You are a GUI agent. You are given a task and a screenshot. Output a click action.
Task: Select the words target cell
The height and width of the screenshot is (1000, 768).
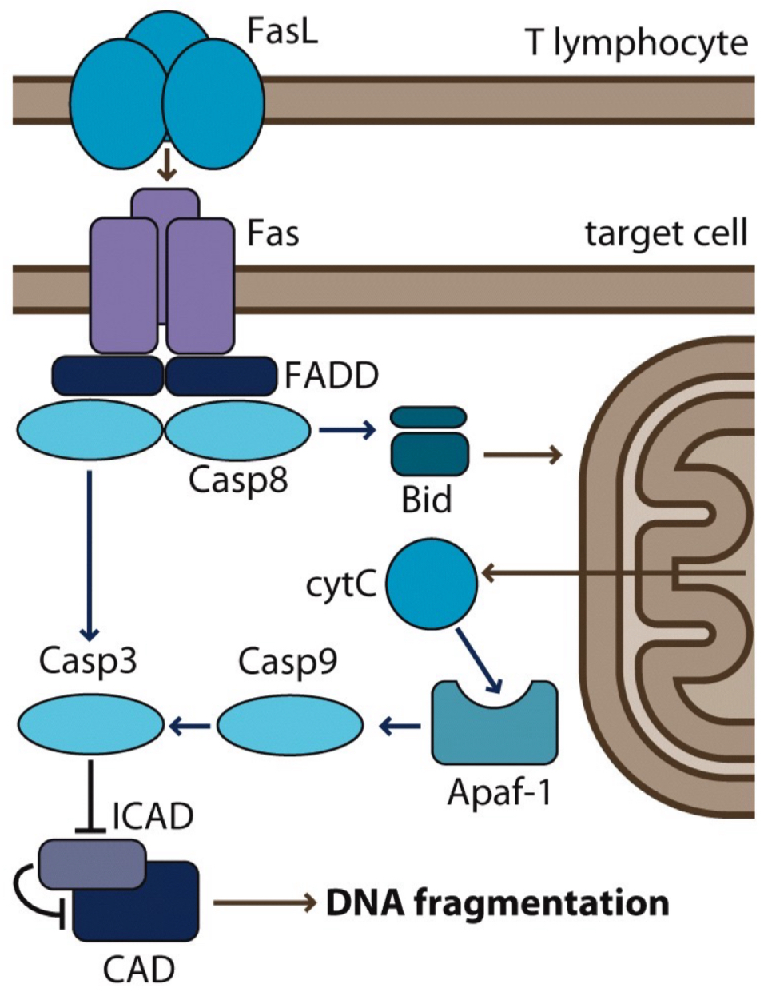tap(666, 234)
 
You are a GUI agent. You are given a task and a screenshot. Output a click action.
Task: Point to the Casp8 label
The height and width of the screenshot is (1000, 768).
tap(237, 480)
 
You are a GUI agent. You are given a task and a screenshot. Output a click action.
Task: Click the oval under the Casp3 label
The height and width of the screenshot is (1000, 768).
tap(90, 725)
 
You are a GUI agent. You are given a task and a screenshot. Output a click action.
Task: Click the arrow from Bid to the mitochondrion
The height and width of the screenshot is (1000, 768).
tap(523, 455)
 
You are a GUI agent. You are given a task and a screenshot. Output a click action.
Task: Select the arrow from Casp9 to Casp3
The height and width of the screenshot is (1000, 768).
tap(190, 726)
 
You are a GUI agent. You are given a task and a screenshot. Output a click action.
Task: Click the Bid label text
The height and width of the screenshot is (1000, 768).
tap(427, 500)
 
